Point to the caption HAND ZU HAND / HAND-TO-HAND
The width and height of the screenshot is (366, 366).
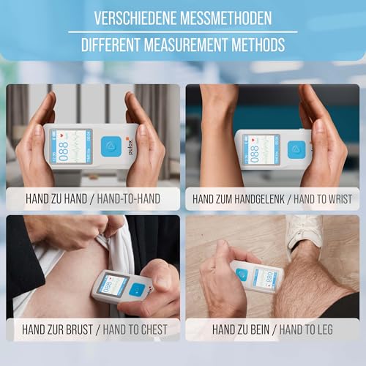coord(93,198)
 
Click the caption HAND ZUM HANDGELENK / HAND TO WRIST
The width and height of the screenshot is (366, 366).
coord(272,198)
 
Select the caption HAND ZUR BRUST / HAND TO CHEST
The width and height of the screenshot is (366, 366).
coord(93,329)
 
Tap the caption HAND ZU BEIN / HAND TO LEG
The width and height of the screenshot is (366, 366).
coord(272,329)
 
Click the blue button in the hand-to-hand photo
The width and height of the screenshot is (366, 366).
coord(110,146)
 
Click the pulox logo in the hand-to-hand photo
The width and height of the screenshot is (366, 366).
coord(126,146)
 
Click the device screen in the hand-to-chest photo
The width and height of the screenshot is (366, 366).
coord(113,284)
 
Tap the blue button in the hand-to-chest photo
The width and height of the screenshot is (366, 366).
coord(136,289)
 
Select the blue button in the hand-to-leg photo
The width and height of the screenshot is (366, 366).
coord(242,274)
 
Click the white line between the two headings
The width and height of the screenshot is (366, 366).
coord(183,31)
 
